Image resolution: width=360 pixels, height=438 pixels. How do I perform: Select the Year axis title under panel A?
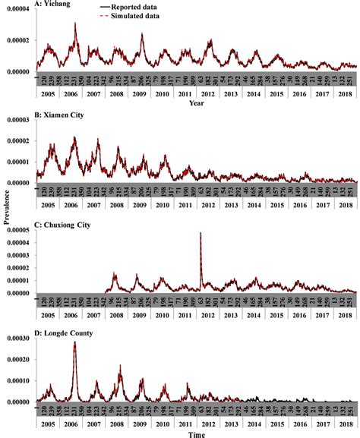tap(197, 102)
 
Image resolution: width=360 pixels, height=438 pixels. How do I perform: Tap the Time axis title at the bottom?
tap(197, 433)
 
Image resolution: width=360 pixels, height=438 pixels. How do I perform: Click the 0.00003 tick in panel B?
tap(17, 120)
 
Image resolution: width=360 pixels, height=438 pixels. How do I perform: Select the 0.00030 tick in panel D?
tap(17, 340)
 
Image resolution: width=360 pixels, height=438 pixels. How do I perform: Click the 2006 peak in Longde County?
tap(74, 342)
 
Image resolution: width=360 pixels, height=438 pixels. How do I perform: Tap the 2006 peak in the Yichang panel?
tap(75, 24)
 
